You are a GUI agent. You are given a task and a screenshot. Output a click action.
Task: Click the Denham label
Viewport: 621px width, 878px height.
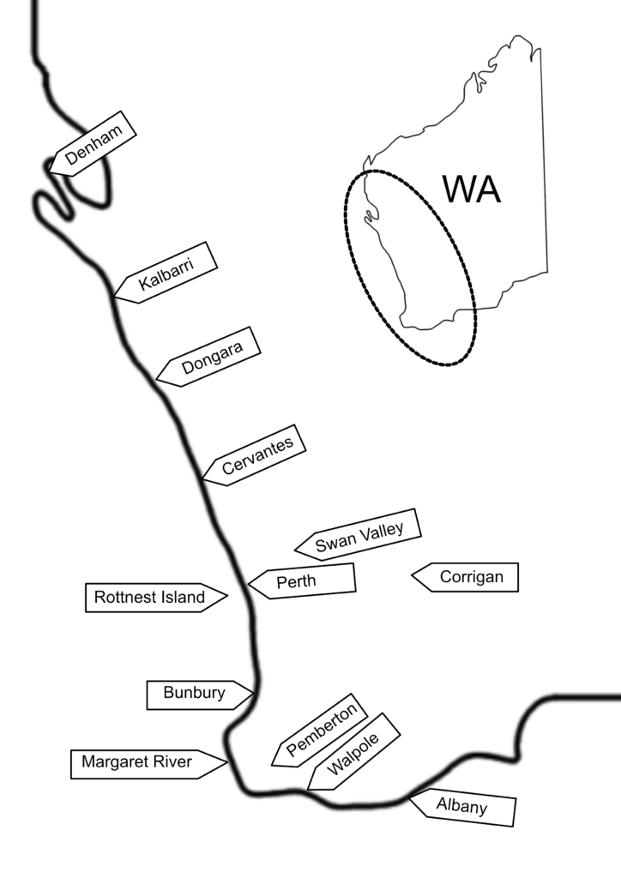pos(93,144)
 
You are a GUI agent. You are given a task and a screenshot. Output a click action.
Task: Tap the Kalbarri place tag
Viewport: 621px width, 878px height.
pos(166,274)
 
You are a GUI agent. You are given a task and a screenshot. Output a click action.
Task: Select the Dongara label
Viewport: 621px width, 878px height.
pos(208,358)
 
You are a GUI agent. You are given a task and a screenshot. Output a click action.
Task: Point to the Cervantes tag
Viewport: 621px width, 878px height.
pos(254,456)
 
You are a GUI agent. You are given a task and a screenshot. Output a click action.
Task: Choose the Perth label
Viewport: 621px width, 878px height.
pos(302,581)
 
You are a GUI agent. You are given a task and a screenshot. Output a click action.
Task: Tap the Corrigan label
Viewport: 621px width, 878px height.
pos(466,577)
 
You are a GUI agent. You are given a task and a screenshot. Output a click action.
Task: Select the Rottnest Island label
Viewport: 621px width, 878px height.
pos(156,598)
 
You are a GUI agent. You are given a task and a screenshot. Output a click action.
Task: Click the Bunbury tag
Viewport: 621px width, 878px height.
pos(200,695)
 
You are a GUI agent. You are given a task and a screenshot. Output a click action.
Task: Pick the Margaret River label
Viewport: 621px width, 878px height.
pos(149,764)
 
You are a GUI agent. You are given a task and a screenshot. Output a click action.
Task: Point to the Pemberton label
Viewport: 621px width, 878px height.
pos(320,731)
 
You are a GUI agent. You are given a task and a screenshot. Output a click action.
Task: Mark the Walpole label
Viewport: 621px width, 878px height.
pos(354,752)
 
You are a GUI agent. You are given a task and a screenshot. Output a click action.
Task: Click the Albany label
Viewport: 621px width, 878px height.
pos(462,807)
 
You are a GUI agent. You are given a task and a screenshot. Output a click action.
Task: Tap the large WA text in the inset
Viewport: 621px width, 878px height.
pos(472,189)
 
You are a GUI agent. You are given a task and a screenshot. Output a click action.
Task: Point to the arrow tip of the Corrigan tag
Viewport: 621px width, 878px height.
pos(412,575)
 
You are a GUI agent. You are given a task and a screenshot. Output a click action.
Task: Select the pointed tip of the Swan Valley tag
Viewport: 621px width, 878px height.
pos(294,550)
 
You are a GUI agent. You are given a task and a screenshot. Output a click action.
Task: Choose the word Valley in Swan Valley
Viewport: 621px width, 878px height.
pos(382,532)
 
